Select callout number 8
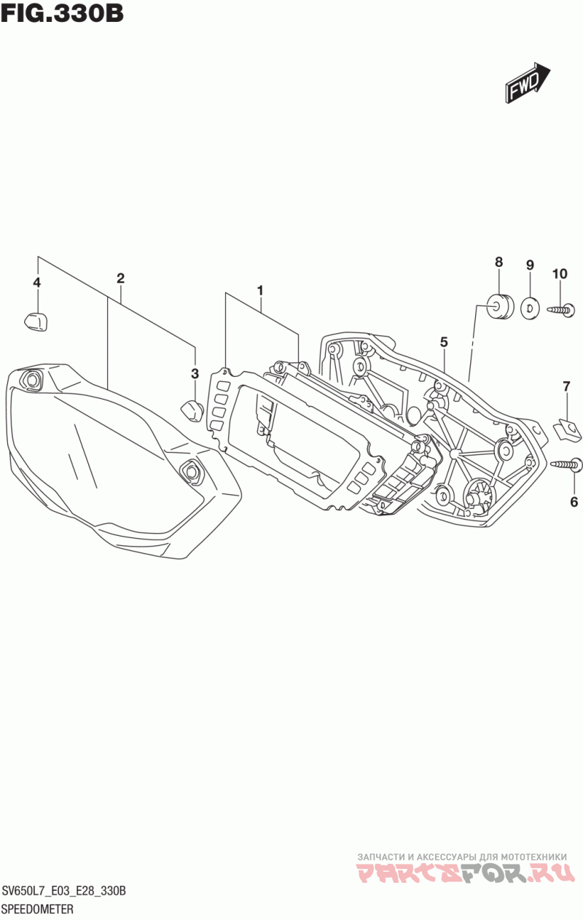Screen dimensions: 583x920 498,262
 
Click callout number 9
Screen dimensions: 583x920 530,265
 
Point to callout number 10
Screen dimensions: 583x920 559,274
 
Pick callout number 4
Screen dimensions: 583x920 36,282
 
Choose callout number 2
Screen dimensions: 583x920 120,278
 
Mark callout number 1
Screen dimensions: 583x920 259,290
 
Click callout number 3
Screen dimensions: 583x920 195,374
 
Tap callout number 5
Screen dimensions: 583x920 443,341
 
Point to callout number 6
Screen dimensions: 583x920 574,502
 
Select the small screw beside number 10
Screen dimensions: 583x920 561,311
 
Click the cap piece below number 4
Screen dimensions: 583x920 34,319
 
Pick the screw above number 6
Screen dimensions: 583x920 566,463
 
